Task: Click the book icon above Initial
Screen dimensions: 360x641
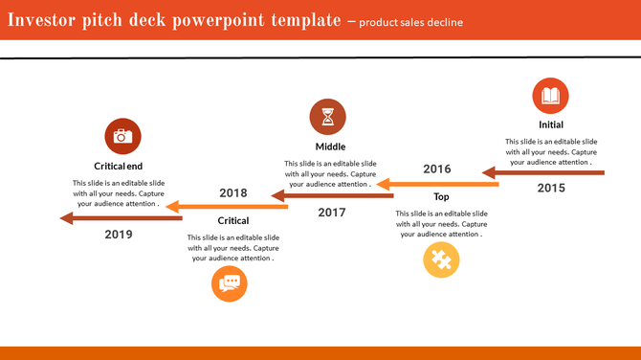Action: tap(550, 97)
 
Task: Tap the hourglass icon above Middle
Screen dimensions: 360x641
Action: tap(328, 117)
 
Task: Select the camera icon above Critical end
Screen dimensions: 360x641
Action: tap(122, 136)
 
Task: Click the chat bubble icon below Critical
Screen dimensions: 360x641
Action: tap(230, 283)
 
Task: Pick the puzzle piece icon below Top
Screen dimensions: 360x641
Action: tap(441, 260)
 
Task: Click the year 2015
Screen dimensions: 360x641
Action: tap(551, 189)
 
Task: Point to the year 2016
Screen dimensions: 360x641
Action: tap(437, 169)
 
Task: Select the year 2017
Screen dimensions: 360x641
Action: tap(332, 213)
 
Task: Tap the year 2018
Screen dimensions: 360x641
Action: tap(232, 192)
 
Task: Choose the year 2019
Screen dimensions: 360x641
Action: tap(119, 235)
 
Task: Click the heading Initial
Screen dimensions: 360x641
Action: tap(551, 124)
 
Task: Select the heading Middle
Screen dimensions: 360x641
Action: tap(330, 146)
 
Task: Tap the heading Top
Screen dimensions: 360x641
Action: tap(441, 197)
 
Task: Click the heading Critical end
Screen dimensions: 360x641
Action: tap(119, 166)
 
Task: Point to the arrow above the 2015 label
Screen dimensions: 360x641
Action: tap(542, 173)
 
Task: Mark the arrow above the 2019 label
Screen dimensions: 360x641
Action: tap(120, 218)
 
